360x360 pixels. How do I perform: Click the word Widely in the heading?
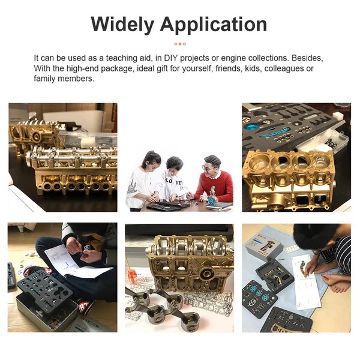click(122, 25)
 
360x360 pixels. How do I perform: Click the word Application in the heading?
click(214, 25)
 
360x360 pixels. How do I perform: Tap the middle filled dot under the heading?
click(180, 44)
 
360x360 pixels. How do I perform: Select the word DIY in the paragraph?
click(171, 58)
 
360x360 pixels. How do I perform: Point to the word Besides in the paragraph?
click(307, 58)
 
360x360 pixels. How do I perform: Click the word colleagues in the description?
click(284, 68)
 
